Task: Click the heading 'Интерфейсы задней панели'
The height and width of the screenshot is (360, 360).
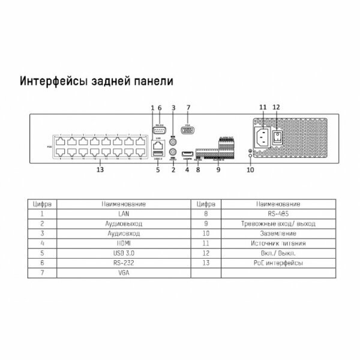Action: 97,80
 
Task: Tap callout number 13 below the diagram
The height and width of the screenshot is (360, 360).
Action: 100,170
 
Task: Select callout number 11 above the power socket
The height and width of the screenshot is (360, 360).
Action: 262,107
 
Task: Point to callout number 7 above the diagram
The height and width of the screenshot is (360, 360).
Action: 188,107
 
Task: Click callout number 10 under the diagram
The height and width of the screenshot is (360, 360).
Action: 250,170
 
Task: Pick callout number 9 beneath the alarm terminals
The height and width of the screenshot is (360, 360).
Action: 218,170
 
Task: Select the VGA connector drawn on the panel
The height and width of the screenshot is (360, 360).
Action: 188,128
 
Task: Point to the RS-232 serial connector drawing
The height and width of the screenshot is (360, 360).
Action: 160,128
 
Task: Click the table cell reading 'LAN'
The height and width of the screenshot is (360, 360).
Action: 125,214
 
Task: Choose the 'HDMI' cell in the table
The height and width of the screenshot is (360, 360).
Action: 125,244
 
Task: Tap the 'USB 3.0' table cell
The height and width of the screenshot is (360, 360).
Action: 125,253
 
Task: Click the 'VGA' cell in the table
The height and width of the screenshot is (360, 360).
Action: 125,273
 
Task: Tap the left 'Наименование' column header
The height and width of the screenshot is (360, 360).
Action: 125,204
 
